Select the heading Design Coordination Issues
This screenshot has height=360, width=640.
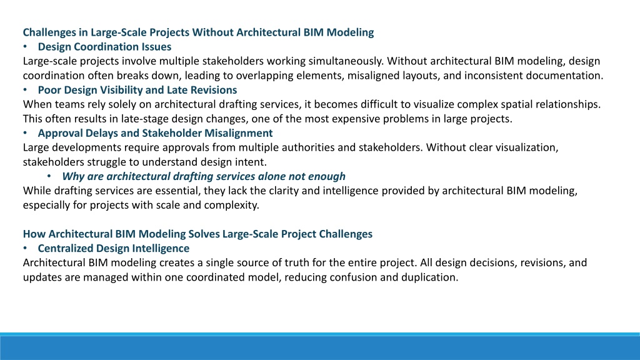coord(104,46)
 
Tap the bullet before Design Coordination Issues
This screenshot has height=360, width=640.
coord(25,46)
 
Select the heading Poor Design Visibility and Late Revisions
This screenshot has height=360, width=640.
coord(137,90)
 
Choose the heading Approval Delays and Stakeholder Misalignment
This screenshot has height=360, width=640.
coord(155,133)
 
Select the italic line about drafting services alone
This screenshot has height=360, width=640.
coord(204,176)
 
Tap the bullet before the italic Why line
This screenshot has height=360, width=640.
coord(49,176)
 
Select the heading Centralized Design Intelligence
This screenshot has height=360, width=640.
coord(114,248)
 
